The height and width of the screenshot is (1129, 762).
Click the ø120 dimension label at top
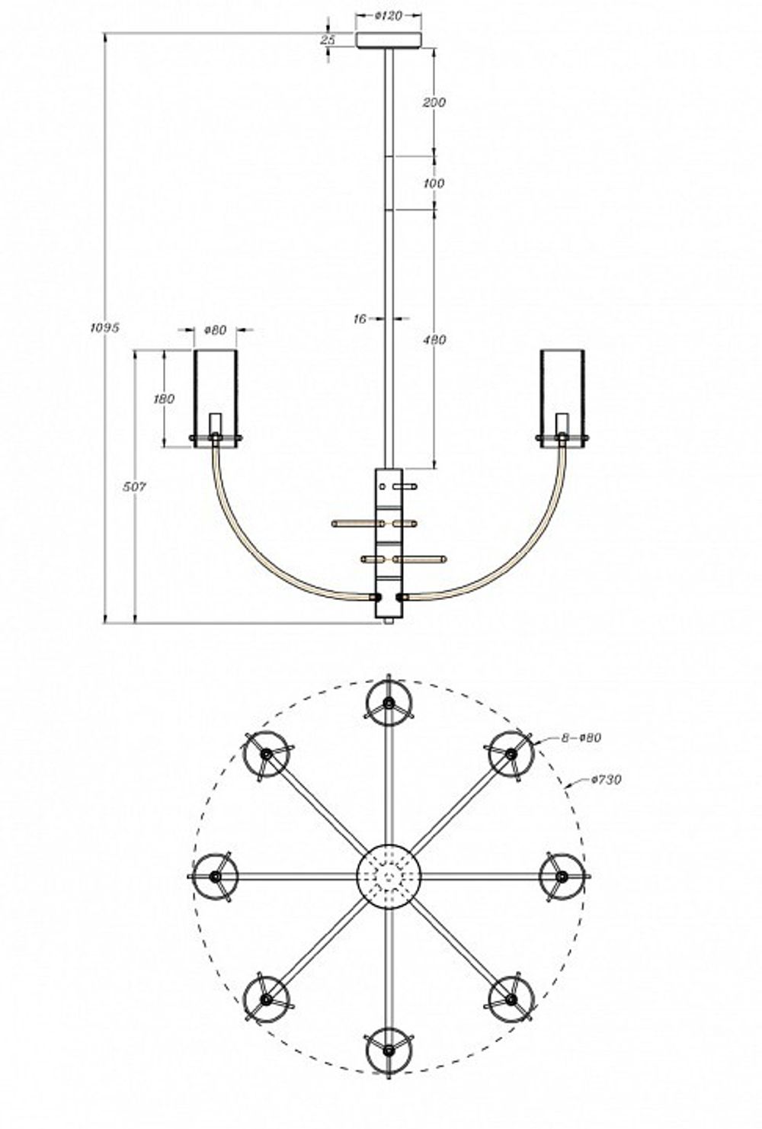389,15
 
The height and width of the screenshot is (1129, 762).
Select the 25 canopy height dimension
328,40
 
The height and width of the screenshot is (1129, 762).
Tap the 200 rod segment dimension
434,102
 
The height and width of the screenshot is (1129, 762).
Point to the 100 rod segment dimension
434,183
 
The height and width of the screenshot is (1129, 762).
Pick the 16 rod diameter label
360,319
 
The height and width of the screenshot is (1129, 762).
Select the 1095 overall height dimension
104,327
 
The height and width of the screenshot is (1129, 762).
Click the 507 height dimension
134,486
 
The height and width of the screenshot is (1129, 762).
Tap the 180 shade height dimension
164,398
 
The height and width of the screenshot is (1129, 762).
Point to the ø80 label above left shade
216,330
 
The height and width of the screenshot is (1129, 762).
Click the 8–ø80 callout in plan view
581,737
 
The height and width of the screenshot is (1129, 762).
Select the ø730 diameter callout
606,779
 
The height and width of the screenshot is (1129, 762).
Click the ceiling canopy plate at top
389,40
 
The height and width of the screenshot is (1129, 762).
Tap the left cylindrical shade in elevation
216,396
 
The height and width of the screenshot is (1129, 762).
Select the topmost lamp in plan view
389,702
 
